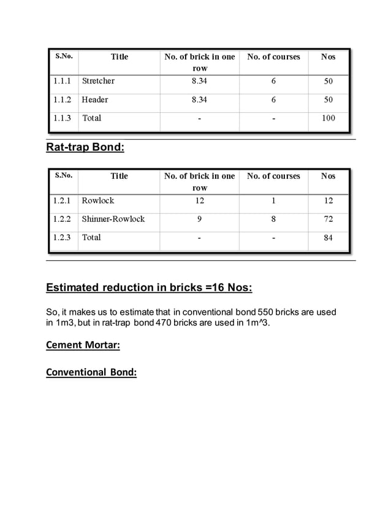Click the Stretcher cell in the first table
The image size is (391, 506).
(98, 81)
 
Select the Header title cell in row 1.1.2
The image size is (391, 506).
(95, 99)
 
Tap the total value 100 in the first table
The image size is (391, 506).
(328, 118)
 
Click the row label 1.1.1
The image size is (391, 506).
(63, 81)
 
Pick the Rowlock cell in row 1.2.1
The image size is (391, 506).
(98, 200)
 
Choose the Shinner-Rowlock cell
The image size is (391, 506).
(113, 219)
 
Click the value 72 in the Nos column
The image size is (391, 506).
(328, 219)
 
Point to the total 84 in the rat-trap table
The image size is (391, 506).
(328, 237)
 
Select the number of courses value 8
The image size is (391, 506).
(273, 219)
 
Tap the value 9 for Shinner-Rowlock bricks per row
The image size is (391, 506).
(200, 219)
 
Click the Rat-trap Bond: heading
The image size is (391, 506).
(85, 147)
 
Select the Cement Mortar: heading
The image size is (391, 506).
(83, 345)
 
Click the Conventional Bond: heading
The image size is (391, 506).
(91, 372)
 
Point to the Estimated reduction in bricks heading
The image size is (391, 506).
(149, 289)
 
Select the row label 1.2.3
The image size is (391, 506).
(63, 237)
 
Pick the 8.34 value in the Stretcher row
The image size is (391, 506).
(200, 81)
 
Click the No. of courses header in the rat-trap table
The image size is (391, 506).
(273, 176)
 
